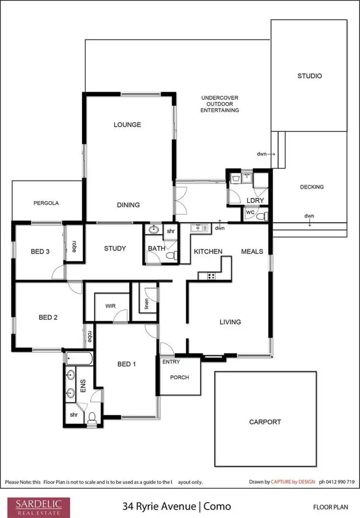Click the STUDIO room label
(309, 76)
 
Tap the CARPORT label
(265, 422)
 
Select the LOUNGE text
(127, 125)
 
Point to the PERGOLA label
(46, 203)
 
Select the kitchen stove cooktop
(211, 276)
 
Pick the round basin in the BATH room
(153, 229)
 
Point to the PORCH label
(180, 377)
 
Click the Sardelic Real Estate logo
(38, 506)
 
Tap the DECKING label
(312, 187)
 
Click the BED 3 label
(40, 251)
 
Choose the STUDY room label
(115, 248)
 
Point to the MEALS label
(252, 251)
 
